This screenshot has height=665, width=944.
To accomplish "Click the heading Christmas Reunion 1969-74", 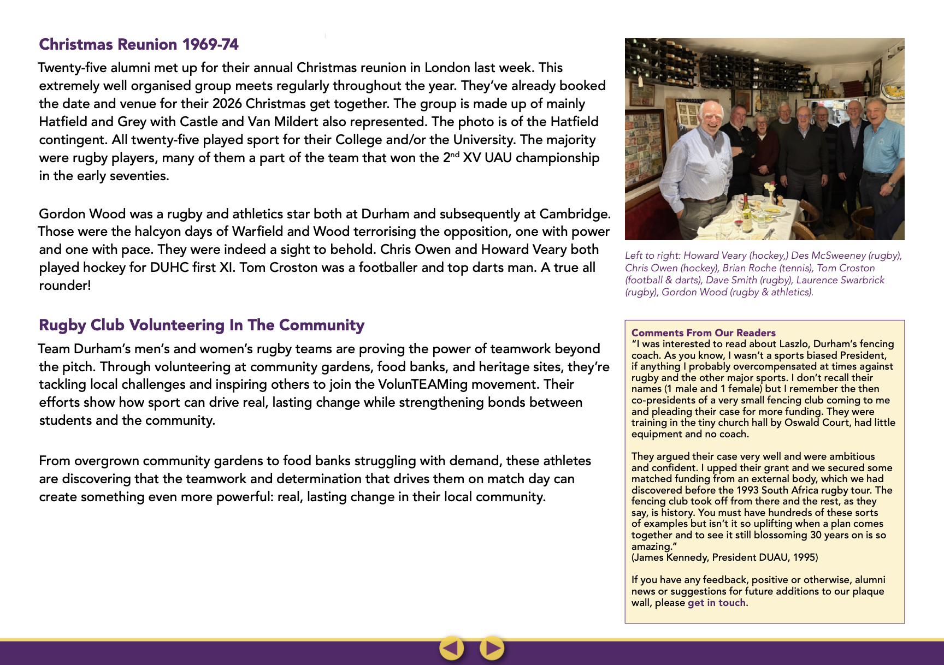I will (139, 44).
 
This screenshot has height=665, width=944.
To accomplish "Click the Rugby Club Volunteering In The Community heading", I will (202, 325).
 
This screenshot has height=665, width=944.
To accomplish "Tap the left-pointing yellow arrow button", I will (451, 648).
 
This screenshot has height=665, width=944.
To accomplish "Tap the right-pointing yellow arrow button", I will (492, 648).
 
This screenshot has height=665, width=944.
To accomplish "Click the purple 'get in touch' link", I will (716, 603).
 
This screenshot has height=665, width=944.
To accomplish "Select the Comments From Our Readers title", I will (703, 333).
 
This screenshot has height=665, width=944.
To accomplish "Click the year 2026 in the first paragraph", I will (227, 104).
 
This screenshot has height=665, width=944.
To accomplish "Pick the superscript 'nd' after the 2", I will (455, 155).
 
